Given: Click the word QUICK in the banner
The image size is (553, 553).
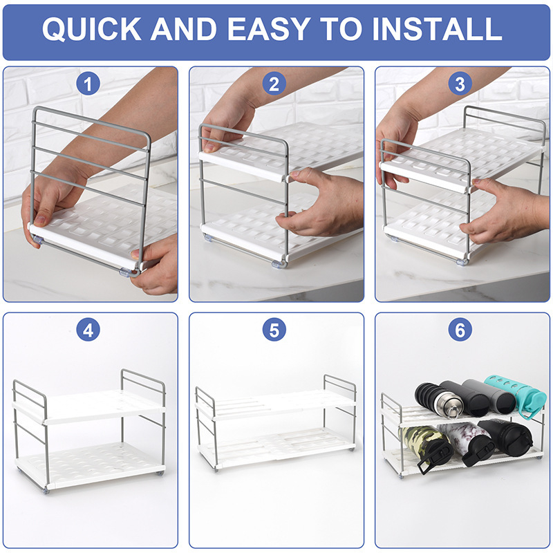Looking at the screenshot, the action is [x=92, y=29].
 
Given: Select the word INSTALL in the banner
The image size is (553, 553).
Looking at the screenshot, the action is [x=437, y=29].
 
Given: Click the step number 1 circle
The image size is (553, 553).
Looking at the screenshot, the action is [x=88, y=84].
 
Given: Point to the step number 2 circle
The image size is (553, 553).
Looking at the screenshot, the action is [x=274, y=84].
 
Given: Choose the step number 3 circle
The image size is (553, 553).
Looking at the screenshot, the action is [x=460, y=84].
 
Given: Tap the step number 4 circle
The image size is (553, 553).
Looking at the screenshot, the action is [x=88, y=330].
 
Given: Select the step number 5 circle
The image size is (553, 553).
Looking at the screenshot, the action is [x=274, y=330].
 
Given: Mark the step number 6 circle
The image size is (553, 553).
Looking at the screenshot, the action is [x=460, y=330].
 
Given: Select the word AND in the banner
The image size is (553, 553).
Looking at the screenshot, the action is [x=184, y=29].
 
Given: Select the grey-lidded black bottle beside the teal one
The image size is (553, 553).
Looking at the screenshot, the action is [x=489, y=396].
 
